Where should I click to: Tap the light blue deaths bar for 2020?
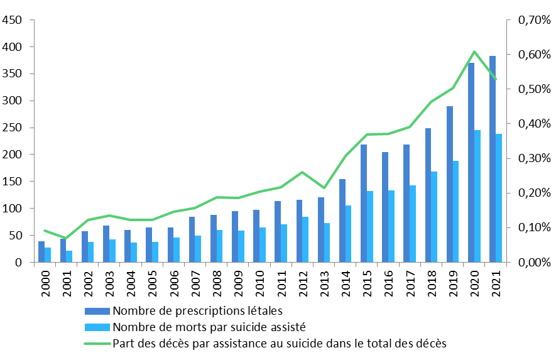point(477,196)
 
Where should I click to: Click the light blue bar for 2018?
point(434,217)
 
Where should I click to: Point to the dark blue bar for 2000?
point(41,251)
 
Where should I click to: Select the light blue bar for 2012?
point(305,239)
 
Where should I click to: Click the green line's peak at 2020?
point(474,52)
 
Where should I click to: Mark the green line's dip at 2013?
point(324,188)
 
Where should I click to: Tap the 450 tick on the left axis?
point(13,20)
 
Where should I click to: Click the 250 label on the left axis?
point(13,128)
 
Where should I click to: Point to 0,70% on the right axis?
point(533,20)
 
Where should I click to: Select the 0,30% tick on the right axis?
point(533,158)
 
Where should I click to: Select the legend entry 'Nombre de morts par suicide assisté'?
point(209,327)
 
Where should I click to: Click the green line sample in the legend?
point(97,343)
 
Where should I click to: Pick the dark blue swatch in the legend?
point(97,310)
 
